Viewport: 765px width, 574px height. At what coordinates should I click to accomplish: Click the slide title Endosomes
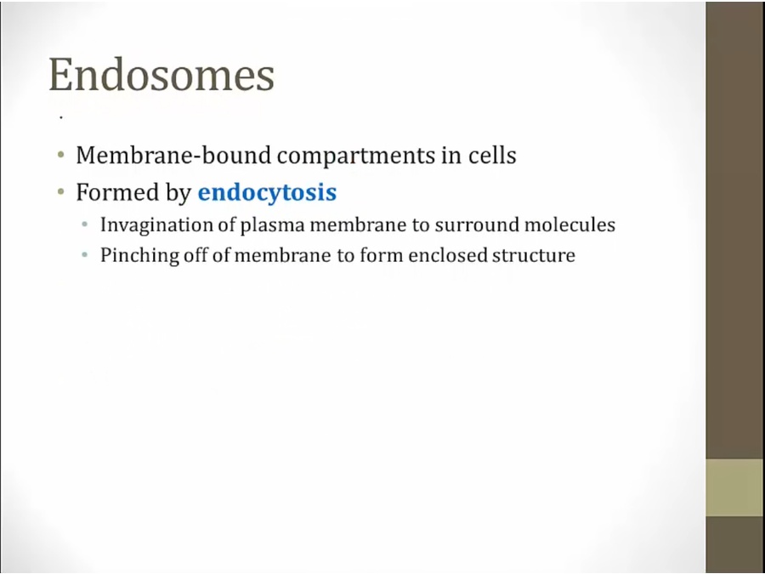pos(161,75)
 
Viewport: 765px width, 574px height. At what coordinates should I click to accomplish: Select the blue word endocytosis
pos(267,192)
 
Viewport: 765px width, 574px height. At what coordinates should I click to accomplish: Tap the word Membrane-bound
pos(173,156)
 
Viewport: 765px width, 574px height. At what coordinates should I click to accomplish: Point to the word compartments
pos(356,156)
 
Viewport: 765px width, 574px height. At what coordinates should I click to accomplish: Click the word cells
pos(492,156)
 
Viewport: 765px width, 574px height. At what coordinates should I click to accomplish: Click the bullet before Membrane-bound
pos(60,156)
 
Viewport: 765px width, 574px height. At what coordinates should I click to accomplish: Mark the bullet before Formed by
pos(60,192)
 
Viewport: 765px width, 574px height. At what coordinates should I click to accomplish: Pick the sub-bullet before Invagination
pos(85,224)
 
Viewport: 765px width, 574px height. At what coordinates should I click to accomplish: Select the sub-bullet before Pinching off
pos(85,255)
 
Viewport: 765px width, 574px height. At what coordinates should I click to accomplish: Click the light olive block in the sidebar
pos(735,487)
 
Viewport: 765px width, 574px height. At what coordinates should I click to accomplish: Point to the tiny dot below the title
pos(61,117)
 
